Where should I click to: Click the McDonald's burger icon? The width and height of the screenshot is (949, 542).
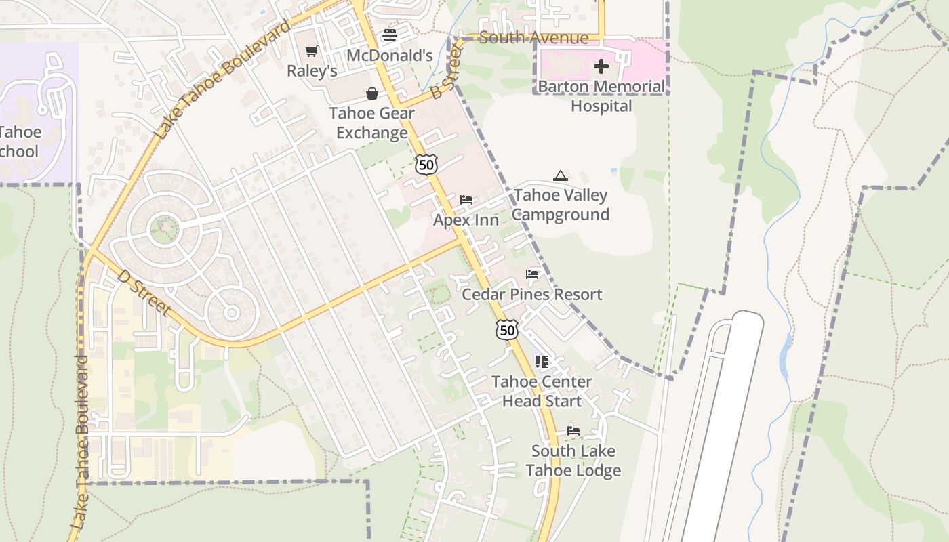[x=389, y=35]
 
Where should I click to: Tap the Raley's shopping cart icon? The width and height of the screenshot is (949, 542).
[x=311, y=51]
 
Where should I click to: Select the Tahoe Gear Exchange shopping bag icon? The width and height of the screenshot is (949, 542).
[x=372, y=93]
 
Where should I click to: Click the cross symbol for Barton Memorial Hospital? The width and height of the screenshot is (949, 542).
[x=601, y=66]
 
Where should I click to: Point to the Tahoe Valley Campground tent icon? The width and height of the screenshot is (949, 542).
[x=560, y=176]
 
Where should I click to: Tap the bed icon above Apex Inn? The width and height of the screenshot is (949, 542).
[x=466, y=200]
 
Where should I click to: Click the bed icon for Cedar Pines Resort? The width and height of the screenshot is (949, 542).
[x=532, y=274]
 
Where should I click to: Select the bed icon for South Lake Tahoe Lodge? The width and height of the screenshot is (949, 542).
[x=573, y=431]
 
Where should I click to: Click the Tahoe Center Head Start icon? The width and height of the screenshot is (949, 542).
[x=541, y=362]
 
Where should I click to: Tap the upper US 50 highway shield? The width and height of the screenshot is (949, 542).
[x=426, y=164]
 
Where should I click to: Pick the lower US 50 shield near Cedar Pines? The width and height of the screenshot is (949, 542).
[x=506, y=330]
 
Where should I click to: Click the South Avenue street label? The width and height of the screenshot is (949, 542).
[x=533, y=37]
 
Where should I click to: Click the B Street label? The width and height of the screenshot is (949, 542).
[x=445, y=73]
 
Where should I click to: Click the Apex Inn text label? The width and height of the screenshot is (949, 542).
[x=466, y=220]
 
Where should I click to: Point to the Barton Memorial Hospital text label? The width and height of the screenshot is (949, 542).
[x=601, y=96]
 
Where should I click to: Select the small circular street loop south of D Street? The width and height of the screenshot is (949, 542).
[x=231, y=313]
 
